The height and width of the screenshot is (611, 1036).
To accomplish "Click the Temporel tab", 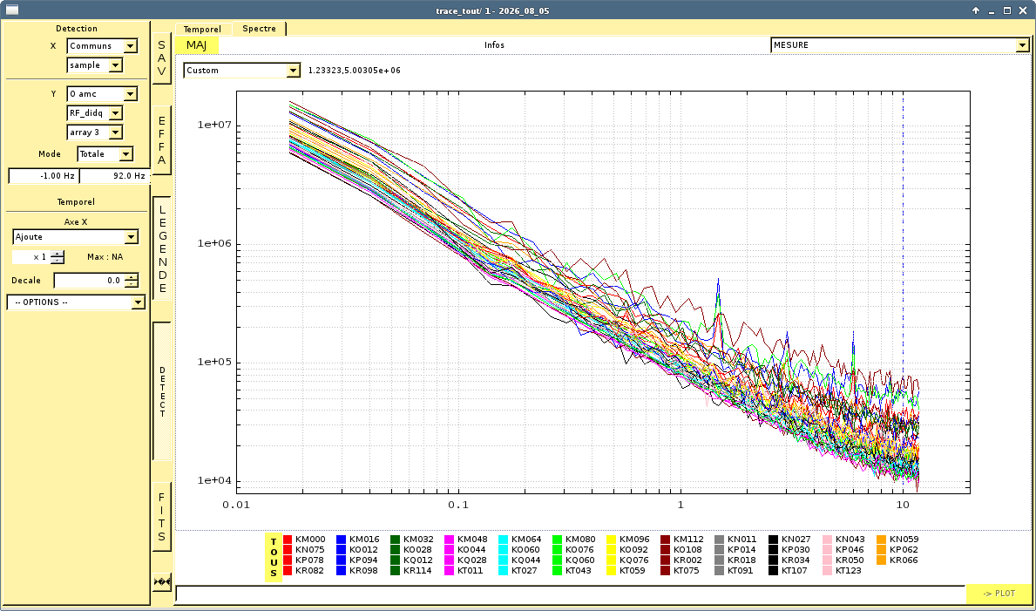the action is (203, 29).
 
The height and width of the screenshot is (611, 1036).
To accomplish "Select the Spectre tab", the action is (259, 29).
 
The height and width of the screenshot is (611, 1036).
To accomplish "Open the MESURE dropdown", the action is (900, 45).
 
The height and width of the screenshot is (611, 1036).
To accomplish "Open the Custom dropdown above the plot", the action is (242, 70).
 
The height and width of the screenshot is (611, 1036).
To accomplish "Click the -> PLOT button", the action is (999, 594).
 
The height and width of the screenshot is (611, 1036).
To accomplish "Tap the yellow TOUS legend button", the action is (274, 558).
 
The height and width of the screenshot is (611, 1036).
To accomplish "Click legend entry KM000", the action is (305, 539).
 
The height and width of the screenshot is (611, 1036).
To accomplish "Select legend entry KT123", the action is (843, 571).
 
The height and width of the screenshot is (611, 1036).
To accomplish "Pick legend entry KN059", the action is (898, 539).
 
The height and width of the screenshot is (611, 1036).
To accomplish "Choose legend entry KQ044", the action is (520, 560).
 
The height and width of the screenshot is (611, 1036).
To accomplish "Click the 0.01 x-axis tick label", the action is (236, 506).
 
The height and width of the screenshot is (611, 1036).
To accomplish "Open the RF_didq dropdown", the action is (94, 113).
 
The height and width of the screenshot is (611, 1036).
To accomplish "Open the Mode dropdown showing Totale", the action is (105, 154).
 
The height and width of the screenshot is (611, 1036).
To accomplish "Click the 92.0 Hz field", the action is (114, 176).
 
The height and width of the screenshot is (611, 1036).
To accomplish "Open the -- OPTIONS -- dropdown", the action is (75, 302).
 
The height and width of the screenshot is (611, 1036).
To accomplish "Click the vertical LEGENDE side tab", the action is (162, 248).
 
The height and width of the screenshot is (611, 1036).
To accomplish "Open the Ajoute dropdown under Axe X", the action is (75, 237).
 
